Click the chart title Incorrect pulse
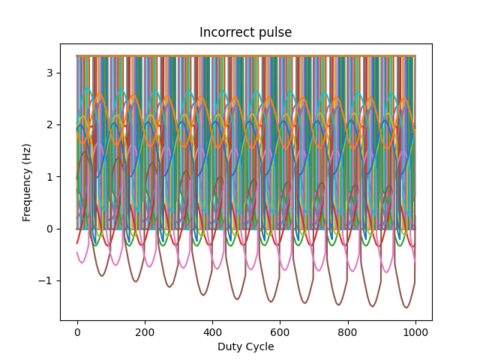coord(245,33)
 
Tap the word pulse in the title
coord(274,33)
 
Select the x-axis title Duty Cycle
coord(245,346)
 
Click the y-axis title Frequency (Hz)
coord(27,183)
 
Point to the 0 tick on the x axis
coord(77,331)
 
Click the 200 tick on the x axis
coord(145,331)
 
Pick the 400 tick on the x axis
coord(212,331)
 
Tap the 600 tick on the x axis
coord(280,331)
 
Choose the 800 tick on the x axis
coord(347,331)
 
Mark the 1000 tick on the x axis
coord(415,331)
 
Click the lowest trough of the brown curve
coord(406,307)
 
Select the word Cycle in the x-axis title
coord(259,346)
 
